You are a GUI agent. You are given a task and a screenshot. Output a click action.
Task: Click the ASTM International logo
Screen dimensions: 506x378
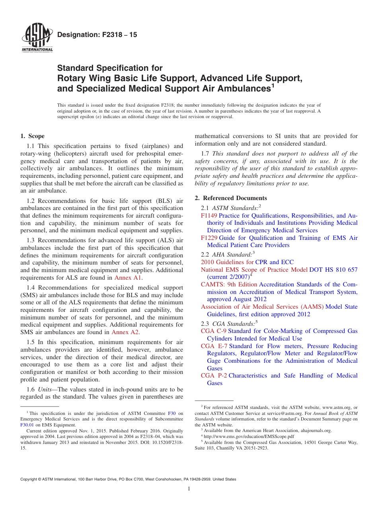(x=37, y=38)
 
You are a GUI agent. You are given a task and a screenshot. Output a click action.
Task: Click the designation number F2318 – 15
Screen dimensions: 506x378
(x=97, y=35)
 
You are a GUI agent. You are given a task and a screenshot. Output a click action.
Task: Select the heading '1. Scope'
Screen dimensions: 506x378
(x=33, y=136)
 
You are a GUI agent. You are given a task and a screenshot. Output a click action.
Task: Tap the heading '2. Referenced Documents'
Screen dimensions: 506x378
(x=231, y=198)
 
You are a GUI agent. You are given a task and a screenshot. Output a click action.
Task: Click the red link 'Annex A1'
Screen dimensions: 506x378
(x=128, y=278)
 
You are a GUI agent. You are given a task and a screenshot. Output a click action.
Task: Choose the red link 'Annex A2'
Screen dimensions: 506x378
(x=125, y=332)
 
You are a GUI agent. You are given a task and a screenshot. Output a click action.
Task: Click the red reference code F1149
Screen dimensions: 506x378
(x=209, y=216)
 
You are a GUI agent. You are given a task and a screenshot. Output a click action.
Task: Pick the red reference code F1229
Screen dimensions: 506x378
(x=209, y=238)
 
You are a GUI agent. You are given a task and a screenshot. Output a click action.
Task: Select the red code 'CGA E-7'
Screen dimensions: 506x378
(x=214, y=346)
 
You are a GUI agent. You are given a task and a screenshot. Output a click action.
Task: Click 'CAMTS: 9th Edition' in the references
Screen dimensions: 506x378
(x=229, y=284)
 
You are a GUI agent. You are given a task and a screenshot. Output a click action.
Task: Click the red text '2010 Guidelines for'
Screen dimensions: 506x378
(x=227, y=262)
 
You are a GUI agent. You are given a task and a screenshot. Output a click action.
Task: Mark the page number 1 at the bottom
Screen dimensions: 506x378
(x=189, y=489)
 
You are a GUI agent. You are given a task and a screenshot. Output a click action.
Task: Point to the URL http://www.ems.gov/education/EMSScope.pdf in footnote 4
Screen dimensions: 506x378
(x=249, y=436)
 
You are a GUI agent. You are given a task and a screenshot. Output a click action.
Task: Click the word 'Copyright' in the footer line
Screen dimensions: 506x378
(x=30, y=479)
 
